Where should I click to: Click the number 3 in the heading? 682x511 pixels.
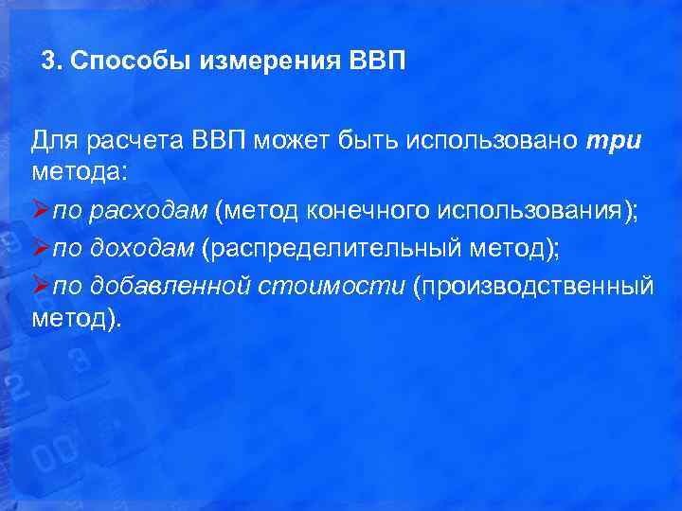48,62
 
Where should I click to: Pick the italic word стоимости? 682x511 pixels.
332,284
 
